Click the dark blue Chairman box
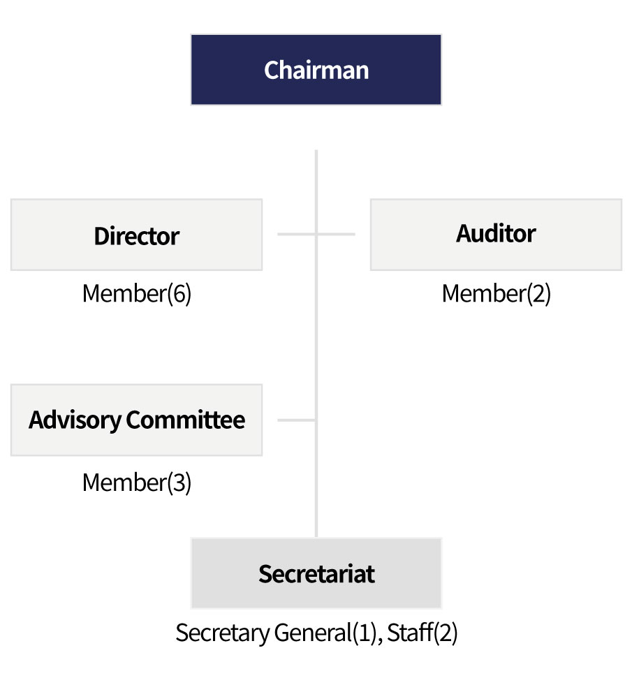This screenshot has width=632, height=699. [x=316, y=70]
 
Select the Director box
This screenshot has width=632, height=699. [x=136, y=235]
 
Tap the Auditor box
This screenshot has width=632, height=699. [x=496, y=235]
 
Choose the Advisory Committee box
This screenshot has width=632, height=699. [x=136, y=420]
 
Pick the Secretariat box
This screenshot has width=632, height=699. [x=316, y=573]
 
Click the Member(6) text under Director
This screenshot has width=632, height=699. [x=137, y=293]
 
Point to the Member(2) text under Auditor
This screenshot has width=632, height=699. [x=496, y=293]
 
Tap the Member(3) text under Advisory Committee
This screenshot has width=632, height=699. [x=137, y=483]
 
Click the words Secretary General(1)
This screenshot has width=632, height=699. [x=277, y=633]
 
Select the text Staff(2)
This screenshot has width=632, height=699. [x=422, y=633]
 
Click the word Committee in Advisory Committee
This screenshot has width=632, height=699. [x=186, y=420]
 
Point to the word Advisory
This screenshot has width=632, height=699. [x=75, y=420]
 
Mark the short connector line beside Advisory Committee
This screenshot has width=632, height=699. [x=297, y=420]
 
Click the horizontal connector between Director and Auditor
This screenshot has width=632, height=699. [x=316, y=234]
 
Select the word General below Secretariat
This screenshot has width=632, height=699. [x=313, y=633]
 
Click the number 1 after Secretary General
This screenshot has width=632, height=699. [x=365, y=633]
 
